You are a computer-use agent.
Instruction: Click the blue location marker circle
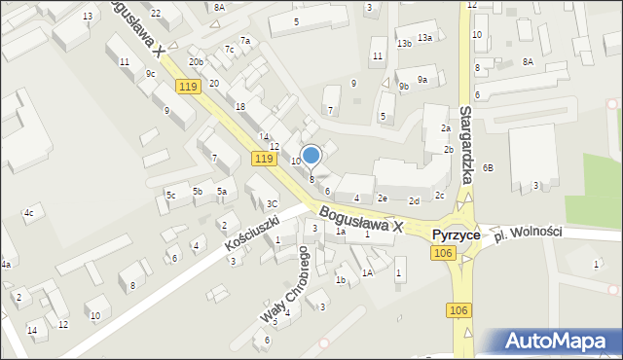(311, 155)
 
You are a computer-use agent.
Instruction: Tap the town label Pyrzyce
(457, 235)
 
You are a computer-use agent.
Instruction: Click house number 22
(156, 12)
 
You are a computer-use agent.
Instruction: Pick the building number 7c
(230, 50)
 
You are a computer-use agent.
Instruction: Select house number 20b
(197, 62)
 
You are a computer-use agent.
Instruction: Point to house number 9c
(150, 74)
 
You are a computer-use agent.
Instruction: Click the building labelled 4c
(29, 212)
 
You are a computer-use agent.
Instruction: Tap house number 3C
(273, 203)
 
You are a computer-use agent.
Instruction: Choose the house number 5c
(170, 196)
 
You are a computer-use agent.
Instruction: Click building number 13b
(404, 44)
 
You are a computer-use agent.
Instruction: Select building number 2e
(384, 198)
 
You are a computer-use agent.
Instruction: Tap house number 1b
(340, 280)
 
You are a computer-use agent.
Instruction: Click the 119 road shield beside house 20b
(188, 87)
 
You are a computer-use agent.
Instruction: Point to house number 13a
(424, 37)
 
